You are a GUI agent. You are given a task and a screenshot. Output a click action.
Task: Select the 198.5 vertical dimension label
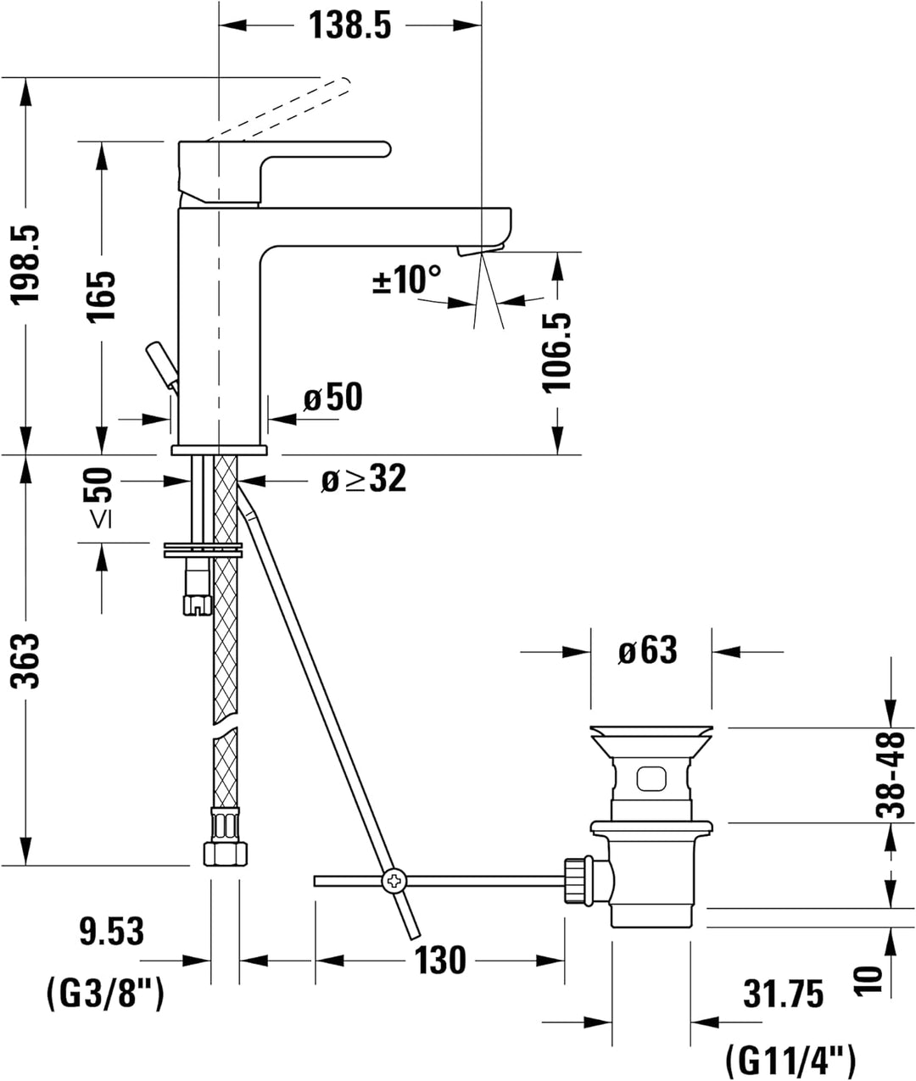[25, 264]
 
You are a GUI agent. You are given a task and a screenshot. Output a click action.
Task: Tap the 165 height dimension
[102, 296]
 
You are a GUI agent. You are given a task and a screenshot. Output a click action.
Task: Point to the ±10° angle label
[407, 279]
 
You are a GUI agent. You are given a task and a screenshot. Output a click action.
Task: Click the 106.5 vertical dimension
[557, 352]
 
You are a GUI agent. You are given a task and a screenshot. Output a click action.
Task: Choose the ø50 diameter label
[332, 397]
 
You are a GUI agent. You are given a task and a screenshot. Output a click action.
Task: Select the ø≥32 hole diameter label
[363, 480]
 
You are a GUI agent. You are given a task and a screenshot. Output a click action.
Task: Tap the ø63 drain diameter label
[647, 651]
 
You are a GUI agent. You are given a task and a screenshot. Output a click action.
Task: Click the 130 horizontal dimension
[440, 961]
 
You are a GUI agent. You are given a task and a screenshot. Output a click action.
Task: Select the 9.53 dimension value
[111, 932]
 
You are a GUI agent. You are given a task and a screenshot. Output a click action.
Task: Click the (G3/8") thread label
[104, 991]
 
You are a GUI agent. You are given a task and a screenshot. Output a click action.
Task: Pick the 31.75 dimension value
[783, 993]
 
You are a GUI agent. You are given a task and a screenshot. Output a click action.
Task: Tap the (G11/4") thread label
[790, 1058]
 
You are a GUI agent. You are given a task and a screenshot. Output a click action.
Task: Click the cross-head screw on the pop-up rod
[394, 882]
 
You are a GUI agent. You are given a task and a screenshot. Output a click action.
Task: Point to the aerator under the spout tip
[479, 249]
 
